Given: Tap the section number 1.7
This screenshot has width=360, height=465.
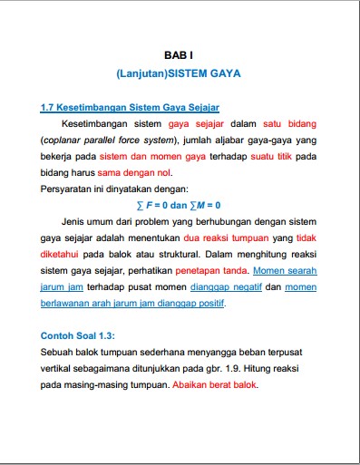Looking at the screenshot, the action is (48, 107).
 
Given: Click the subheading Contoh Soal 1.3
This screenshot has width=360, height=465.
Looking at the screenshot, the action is (78, 334).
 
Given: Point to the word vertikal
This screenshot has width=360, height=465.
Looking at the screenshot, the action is (59, 367).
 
